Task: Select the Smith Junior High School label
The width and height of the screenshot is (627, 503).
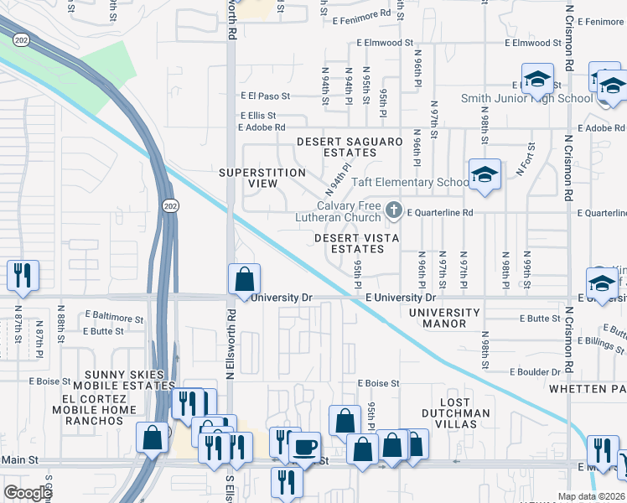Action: tap(526, 98)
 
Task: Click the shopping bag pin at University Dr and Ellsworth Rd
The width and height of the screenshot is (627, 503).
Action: tap(244, 278)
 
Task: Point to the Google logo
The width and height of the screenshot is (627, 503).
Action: tap(27, 493)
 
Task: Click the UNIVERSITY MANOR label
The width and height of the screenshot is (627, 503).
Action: tap(444, 318)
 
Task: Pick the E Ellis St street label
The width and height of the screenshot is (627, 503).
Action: tap(257, 116)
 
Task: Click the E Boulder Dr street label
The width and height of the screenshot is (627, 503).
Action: tap(535, 371)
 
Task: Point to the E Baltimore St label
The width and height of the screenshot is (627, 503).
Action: tap(114, 319)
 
